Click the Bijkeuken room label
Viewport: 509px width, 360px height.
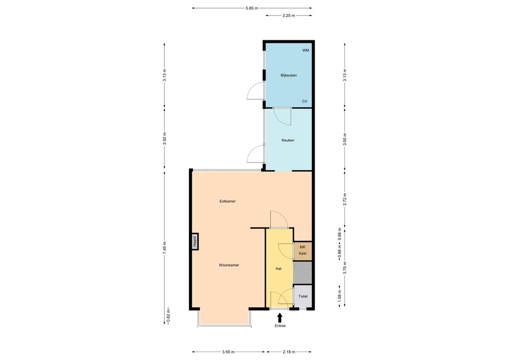289,75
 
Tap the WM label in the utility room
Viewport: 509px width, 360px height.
306,50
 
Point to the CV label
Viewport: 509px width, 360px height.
305,101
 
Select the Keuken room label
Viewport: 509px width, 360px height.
288,140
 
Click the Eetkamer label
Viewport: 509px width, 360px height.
227,201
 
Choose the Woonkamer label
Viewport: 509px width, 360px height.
229,265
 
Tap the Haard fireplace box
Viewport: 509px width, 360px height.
195,242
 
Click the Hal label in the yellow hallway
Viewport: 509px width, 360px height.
278,269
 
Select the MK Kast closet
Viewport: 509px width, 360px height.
303,251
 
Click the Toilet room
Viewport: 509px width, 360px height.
303,296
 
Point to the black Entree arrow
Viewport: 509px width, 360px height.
279,318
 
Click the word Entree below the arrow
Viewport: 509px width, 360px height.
280,326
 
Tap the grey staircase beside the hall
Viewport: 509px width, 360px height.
303,272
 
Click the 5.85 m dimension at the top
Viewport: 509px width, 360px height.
252,8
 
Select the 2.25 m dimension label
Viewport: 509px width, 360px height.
289,15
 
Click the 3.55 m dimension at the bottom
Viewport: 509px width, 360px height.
228,352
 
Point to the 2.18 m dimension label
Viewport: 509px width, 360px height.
289,352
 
